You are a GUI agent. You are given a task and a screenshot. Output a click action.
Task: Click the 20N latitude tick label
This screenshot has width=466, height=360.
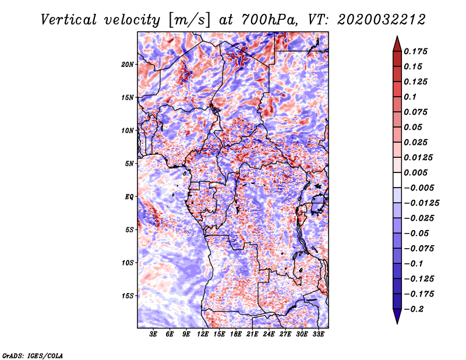[x=128, y=65]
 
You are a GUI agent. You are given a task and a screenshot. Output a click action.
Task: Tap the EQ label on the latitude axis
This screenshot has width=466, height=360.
[x=129, y=197]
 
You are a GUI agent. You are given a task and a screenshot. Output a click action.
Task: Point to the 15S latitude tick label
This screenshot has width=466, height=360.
[x=128, y=296]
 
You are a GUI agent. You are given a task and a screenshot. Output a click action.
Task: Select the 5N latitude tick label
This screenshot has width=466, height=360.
[x=129, y=164]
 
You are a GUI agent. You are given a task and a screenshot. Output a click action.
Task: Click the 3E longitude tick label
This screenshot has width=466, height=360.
[x=153, y=334]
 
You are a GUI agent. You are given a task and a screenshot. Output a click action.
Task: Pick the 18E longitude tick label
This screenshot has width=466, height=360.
[x=236, y=334]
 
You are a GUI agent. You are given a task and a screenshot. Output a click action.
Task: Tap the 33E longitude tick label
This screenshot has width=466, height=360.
[x=318, y=334]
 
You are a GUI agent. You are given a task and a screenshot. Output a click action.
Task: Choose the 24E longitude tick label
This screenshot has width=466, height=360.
[x=269, y=334]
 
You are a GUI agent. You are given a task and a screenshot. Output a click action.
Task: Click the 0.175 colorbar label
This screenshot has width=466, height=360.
[x=415, y=51]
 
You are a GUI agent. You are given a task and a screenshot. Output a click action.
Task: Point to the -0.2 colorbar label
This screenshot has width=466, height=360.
[x=414, y=309]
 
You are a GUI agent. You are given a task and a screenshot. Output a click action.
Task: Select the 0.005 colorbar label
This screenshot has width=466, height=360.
[x=415, y=172]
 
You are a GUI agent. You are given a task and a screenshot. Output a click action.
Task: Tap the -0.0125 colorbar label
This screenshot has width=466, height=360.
[x=421, y=203]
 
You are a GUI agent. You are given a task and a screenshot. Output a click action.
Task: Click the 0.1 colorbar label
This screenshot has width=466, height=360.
[x=410, y=97]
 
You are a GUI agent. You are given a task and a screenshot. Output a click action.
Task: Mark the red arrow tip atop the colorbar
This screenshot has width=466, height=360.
[x=397, y=36]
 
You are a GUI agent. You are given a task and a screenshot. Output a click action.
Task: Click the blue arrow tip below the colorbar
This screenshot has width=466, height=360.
[x=397, y=323]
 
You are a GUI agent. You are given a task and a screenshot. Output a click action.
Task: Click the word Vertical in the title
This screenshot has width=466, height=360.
[x=69, y=20]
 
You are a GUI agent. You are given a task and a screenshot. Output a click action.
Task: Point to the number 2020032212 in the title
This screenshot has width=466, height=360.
[x=382, y=20]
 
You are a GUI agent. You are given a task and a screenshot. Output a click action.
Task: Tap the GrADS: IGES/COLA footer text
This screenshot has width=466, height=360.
[x=33, y=355]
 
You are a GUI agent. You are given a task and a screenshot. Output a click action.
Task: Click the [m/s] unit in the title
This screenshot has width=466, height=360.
[x=189, y=20]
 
